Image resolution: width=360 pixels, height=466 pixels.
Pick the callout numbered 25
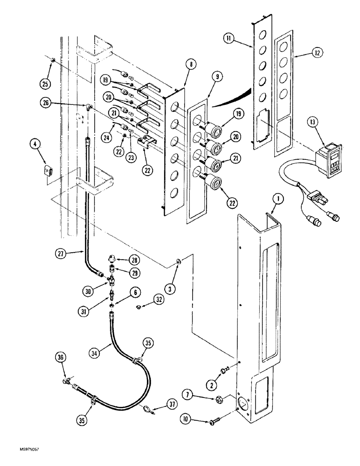click(x=46, y=84)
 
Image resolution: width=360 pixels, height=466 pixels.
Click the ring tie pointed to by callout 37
click(x=147, y=410)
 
